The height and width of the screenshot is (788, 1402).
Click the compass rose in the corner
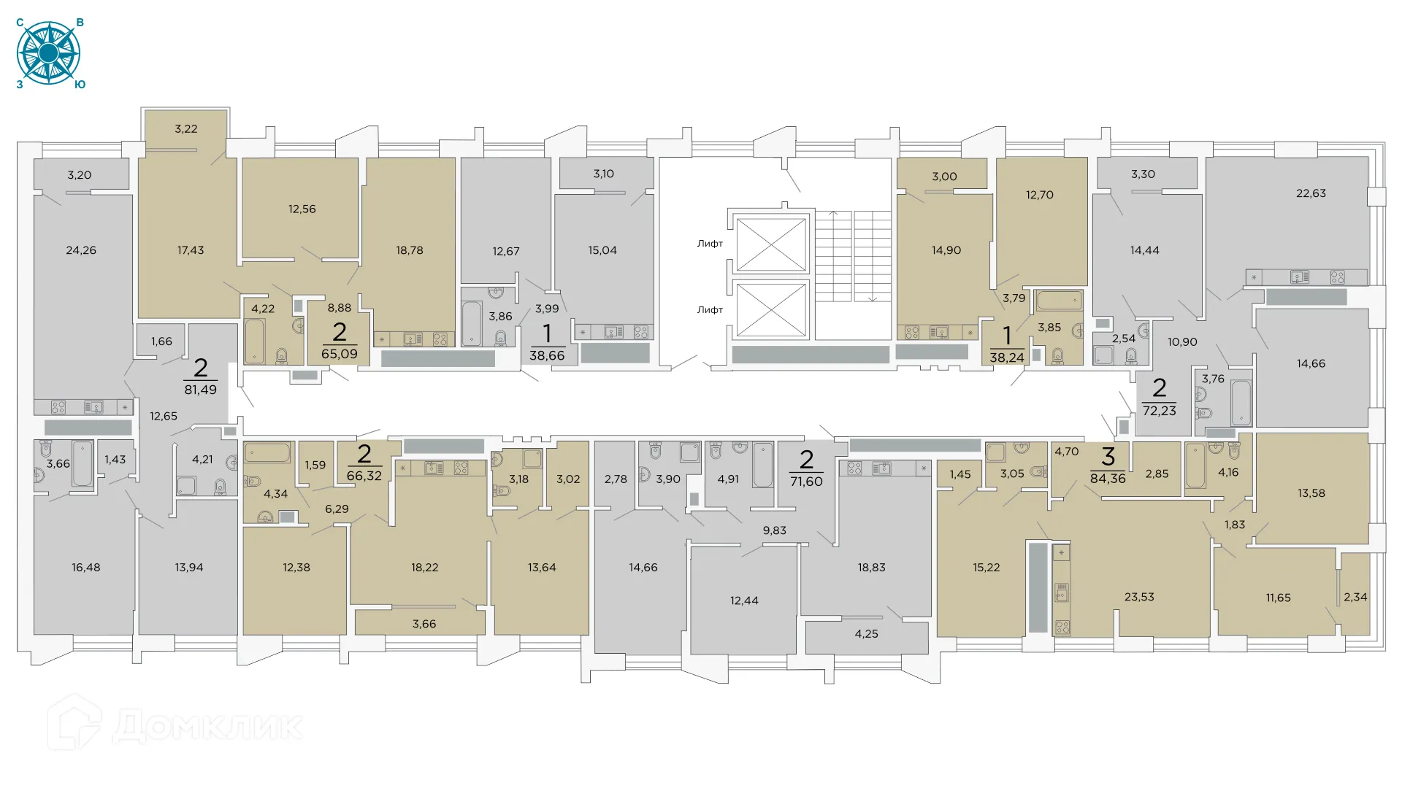[48, 53]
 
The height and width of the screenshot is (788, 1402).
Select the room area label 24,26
[81, 250]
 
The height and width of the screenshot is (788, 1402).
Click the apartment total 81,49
[200, 390]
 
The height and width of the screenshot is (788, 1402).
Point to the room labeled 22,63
[1311, 193]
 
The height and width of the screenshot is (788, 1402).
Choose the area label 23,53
[1139, 597]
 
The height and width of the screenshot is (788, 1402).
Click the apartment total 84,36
[1108, 479]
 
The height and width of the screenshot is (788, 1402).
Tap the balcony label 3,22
[186, 129]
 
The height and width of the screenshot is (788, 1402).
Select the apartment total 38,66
[547, 355]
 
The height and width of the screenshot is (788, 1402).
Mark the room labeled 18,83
[871, 568]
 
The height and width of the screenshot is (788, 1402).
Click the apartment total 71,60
[806, 482]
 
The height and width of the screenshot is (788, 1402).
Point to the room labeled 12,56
[302, 209]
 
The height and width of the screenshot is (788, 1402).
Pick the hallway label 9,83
[774, 530]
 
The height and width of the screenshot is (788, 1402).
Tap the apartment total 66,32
[364, 476]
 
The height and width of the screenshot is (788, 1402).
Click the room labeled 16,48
[86, 568]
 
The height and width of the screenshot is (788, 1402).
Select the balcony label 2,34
[1355, 597]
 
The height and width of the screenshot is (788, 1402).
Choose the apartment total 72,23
[1159, 411]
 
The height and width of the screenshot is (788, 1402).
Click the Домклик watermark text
[208, 727]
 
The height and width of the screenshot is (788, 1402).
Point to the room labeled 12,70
[1039, 195]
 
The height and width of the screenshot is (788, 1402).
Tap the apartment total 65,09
[340, 354]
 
